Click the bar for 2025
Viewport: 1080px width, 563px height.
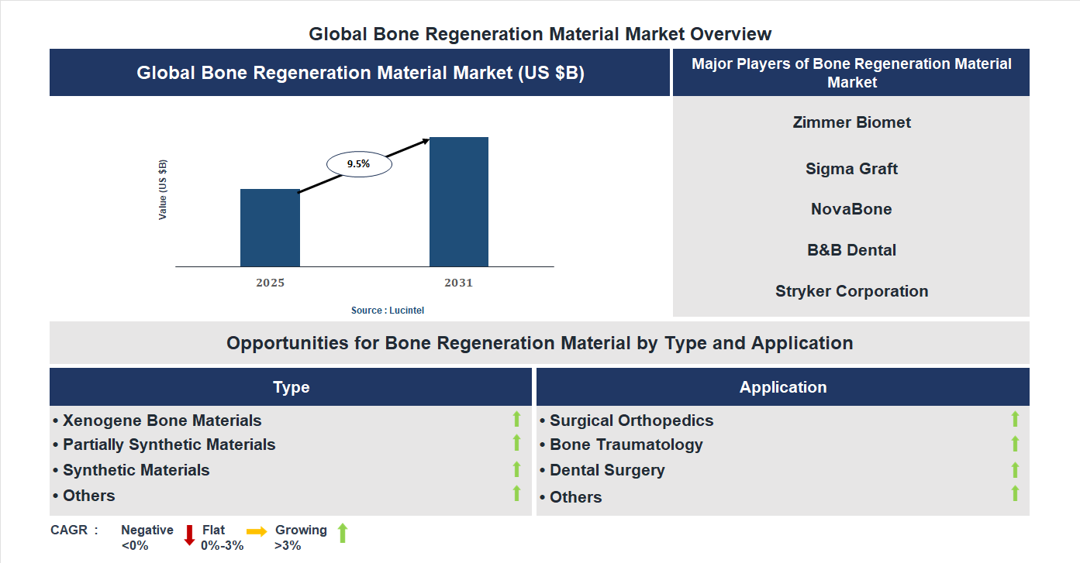[270, 228]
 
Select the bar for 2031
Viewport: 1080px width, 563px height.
[459, 202]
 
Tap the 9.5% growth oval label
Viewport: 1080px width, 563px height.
[359, 164]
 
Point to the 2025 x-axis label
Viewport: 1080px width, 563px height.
[270, 283]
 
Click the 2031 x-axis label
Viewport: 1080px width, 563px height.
[458, 283]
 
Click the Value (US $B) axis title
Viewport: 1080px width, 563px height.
[163, 190]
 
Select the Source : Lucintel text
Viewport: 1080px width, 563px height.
[388, 310]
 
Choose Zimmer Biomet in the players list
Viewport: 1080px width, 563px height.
[851, 122]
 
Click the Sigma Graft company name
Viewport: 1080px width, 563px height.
[851, 169]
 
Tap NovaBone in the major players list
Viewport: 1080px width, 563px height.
[851, 209]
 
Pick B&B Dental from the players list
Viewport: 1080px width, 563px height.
[851, 250]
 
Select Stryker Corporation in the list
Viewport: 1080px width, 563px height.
[851, 291]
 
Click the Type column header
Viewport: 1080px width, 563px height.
[291, 387]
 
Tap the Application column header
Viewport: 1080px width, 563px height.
[782, 387]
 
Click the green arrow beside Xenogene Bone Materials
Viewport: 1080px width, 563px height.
[516, 420]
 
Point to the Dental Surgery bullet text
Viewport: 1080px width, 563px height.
[607, 470]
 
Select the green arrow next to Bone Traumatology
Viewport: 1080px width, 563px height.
[1015, 444]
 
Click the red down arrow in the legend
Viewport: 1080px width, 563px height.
[189, 535]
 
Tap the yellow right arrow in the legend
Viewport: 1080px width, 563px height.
[257, 531]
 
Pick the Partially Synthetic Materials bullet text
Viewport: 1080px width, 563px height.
[169, 445]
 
